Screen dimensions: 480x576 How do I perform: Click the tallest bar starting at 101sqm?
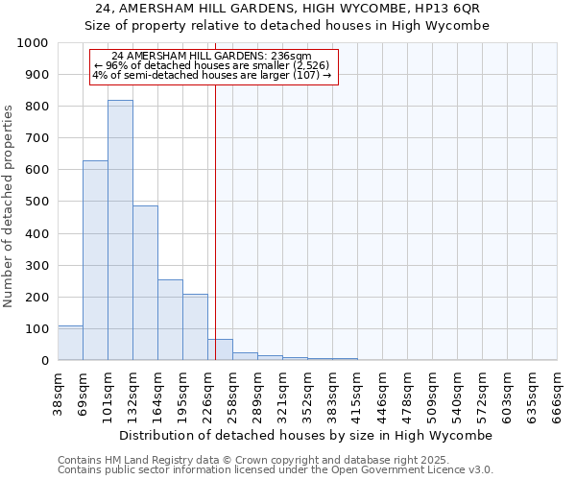(x=120, y=230)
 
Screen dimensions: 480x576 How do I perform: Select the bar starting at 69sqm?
(x=95, y=260)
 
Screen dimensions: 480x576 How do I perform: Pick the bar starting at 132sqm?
(x=145, y=283)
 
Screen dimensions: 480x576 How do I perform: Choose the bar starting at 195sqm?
(x=195, y=327)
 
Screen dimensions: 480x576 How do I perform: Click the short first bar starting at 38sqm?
(x=70, y=344)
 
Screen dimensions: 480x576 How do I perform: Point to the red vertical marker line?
(x=215, y=221)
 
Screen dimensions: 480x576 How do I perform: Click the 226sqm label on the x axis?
(x=207, y=393)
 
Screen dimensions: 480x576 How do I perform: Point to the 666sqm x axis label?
(x=557, y=393)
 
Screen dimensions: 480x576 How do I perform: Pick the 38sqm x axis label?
(x=58, y=391)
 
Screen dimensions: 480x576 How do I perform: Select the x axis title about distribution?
(x=306, y=435)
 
